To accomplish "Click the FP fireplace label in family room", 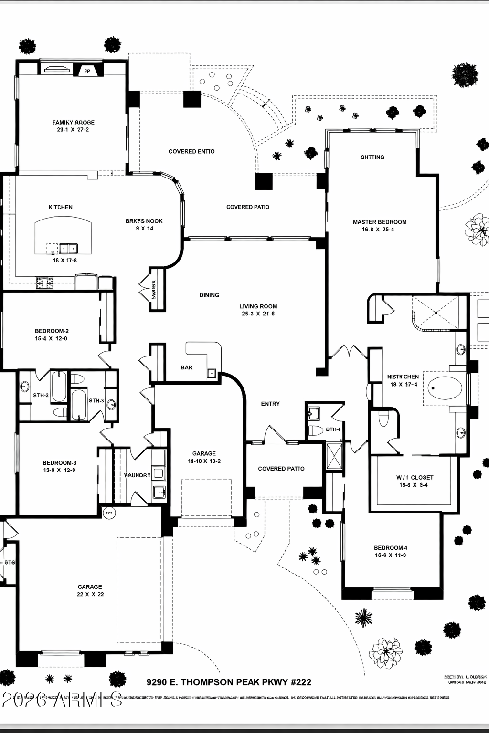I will point(87,71).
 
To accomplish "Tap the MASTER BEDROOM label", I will point(380,222).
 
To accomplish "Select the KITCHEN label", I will point(61,207).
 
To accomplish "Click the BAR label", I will point(187,367).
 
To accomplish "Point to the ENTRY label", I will point(270,404).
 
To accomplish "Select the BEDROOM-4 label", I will point(391,548).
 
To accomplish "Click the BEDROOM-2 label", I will point(52,331).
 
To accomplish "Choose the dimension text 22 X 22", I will point(90,595).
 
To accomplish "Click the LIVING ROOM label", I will point(258,306).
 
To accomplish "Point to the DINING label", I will point(209,295).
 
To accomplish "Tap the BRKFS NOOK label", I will point(144,221).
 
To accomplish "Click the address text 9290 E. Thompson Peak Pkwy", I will point(229,682).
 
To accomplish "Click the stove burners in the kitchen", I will point(45,283).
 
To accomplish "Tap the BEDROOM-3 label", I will point(59,463).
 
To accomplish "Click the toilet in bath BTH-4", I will point(316,430).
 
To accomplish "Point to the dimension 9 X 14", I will point(144,229).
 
